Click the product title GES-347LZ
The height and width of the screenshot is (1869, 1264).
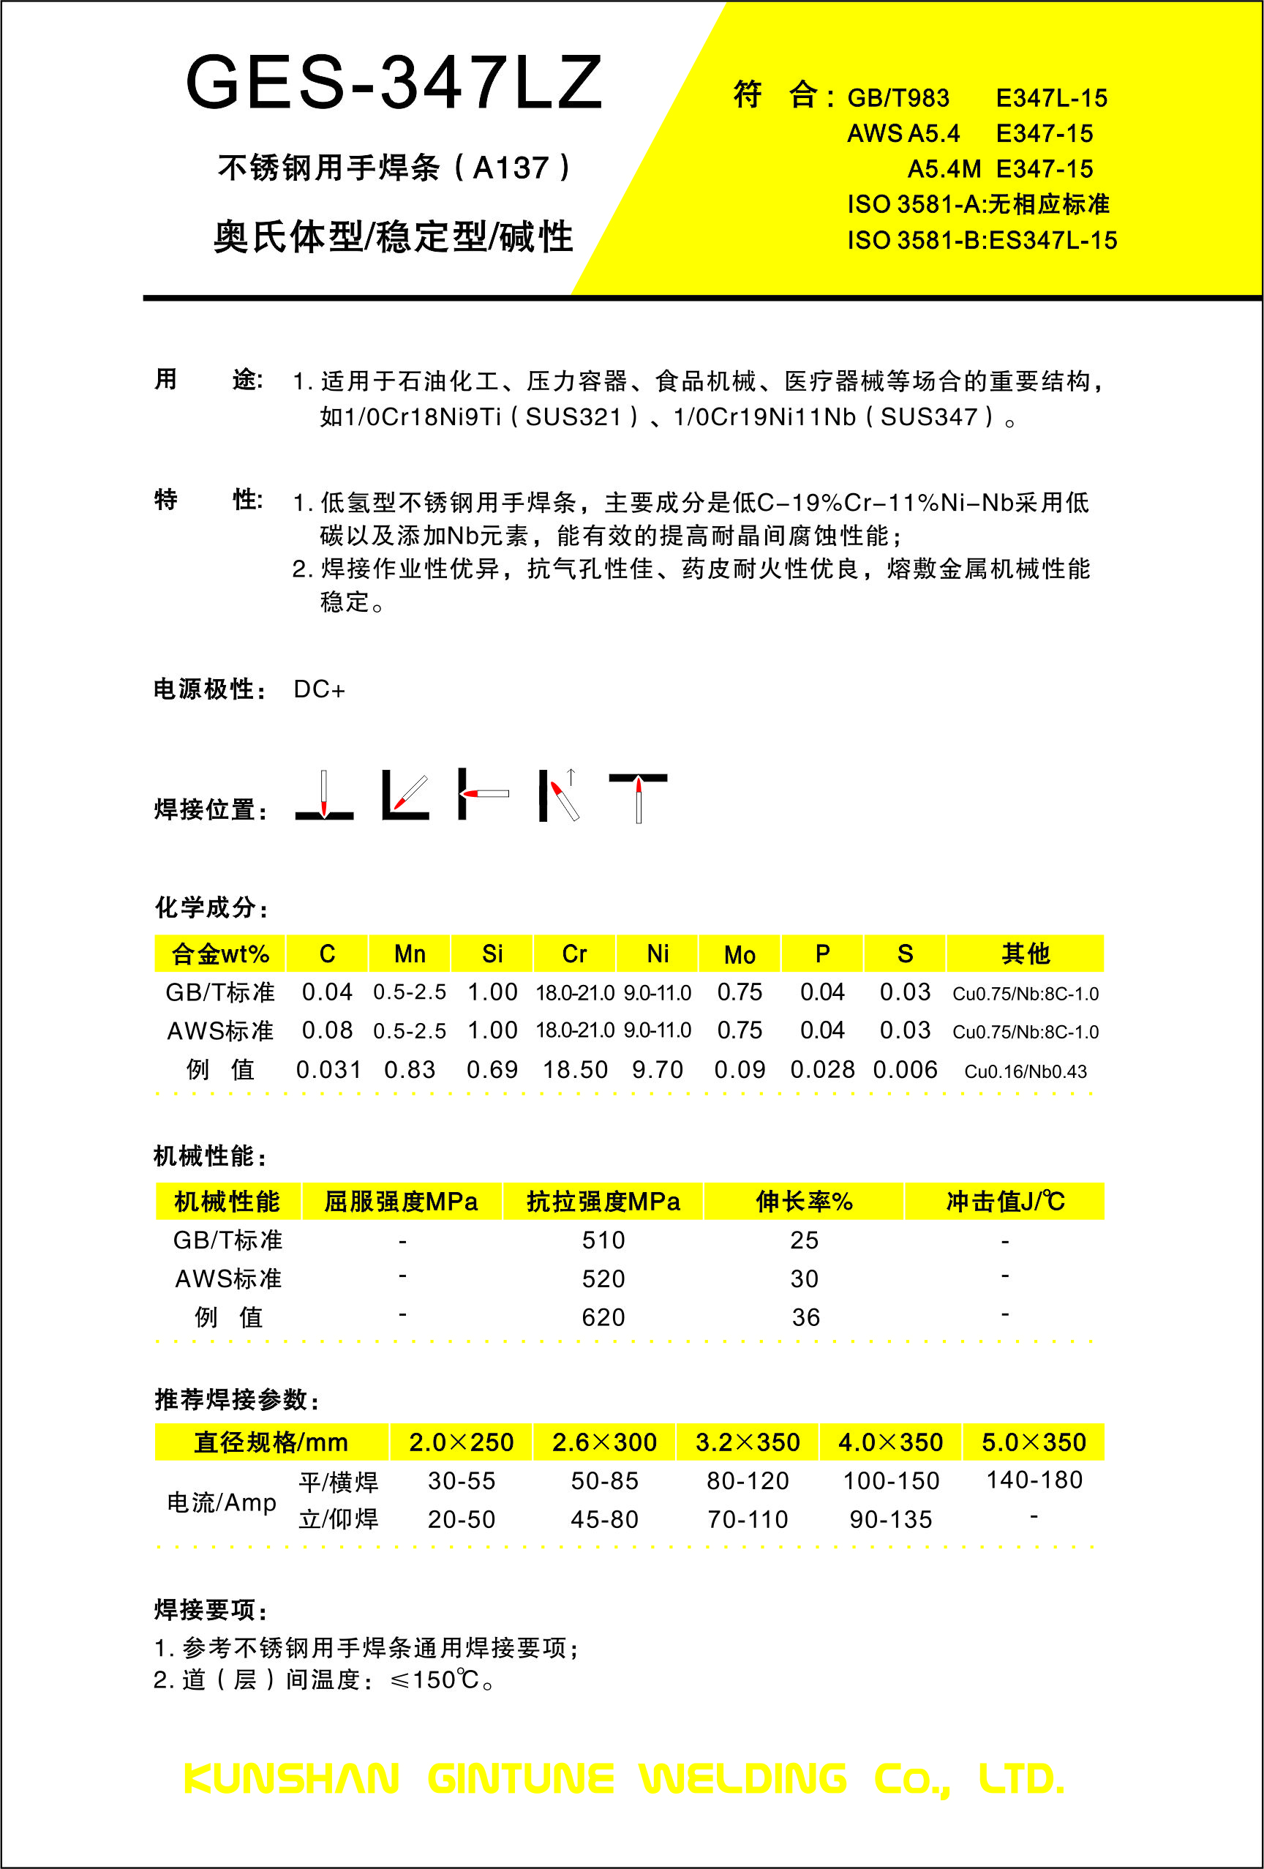pyautogui.click(x=394, y=83)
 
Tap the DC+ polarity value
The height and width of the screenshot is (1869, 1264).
pyautogui.click(x=319, y=690)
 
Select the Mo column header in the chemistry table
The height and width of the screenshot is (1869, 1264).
pyautogui.click(x=739, y=954)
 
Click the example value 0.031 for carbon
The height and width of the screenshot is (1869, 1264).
pyautogui.click(x=328, y=1070)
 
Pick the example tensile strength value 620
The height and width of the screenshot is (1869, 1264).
pyautogui.click(x=603, y=1317)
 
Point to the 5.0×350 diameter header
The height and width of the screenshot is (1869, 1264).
pyautogui.click(x=1034, y=1442)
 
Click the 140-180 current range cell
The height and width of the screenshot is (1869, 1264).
pyautogui.click(x=1034, y=1480)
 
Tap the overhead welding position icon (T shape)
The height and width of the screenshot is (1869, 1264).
pyautogui.click(x=638, y=796)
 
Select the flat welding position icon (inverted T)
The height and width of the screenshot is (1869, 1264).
pyautogui.click(x=324, y=796)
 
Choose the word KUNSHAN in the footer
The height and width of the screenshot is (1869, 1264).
pyautogui.click(x=291, y=1779)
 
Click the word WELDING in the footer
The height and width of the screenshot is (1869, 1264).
pyautogui.click(x=743, y=1779)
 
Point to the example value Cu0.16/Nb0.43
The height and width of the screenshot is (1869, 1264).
pyautogui.click(x=1026, y=1071)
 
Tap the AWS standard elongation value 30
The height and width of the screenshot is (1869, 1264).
pyautogui.click(x=804, y=1278)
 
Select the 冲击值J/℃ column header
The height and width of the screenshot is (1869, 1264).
pyautogui.click(x=1005, y=1202)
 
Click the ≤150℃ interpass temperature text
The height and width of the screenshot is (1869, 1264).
pyautogui.click(x=434, y=1680)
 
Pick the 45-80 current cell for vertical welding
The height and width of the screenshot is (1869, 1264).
pyautogui.click(x=605, y=1519)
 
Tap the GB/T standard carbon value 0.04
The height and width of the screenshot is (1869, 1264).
pyautogui.click(x=327, y=992)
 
